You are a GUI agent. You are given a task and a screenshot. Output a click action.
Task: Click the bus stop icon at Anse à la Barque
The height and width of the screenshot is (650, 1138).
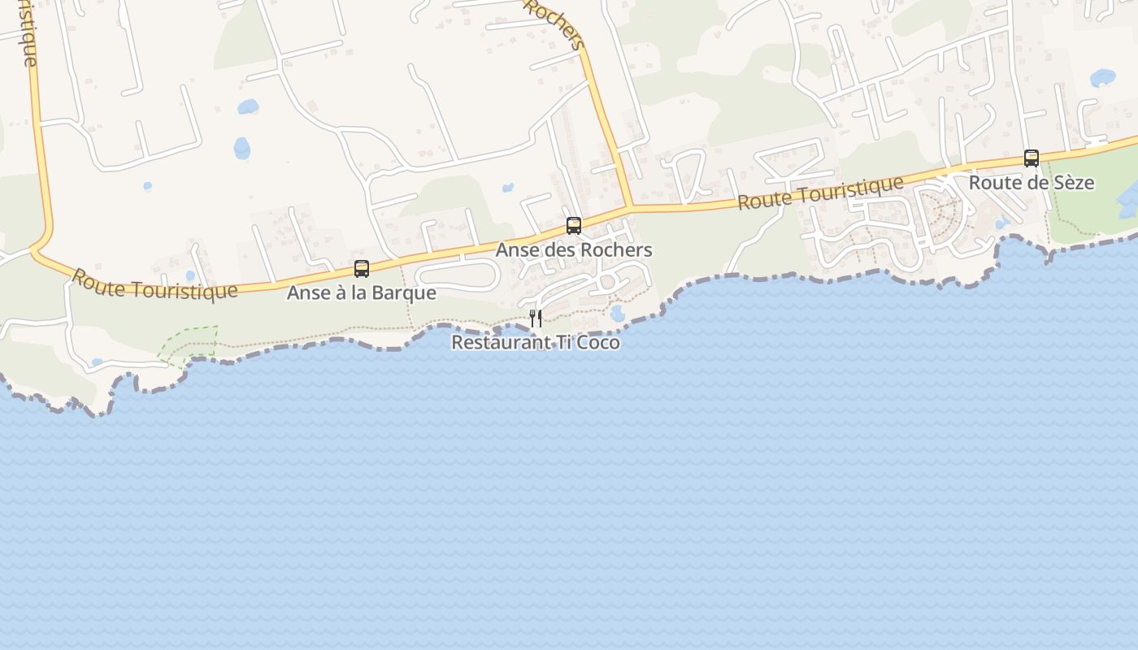362,268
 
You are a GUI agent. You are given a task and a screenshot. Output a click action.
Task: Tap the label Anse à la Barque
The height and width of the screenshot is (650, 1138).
362,292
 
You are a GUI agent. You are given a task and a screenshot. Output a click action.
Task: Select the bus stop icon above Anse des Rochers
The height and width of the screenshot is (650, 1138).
574,226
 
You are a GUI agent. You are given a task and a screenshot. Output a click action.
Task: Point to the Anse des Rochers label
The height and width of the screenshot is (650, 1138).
574,250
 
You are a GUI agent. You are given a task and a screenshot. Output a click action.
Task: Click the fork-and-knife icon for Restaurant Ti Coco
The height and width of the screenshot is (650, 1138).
535,318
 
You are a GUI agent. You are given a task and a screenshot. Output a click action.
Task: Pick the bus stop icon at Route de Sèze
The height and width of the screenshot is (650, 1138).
1032,158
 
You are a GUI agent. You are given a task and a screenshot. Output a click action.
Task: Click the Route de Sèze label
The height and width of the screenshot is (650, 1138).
1032,183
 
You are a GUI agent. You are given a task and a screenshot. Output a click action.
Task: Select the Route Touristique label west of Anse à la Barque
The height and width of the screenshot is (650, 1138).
154,284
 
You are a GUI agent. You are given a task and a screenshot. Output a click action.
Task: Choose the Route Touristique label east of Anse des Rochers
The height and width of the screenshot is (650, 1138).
821,193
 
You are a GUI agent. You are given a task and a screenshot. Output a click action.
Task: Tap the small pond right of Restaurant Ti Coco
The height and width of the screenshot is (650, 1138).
617,313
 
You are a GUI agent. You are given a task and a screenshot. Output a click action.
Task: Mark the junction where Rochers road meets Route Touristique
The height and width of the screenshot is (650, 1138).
632,206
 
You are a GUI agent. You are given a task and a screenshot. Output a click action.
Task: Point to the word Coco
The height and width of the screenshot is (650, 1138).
598,343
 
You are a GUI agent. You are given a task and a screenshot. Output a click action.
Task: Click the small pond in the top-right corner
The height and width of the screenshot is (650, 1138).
1103,78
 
